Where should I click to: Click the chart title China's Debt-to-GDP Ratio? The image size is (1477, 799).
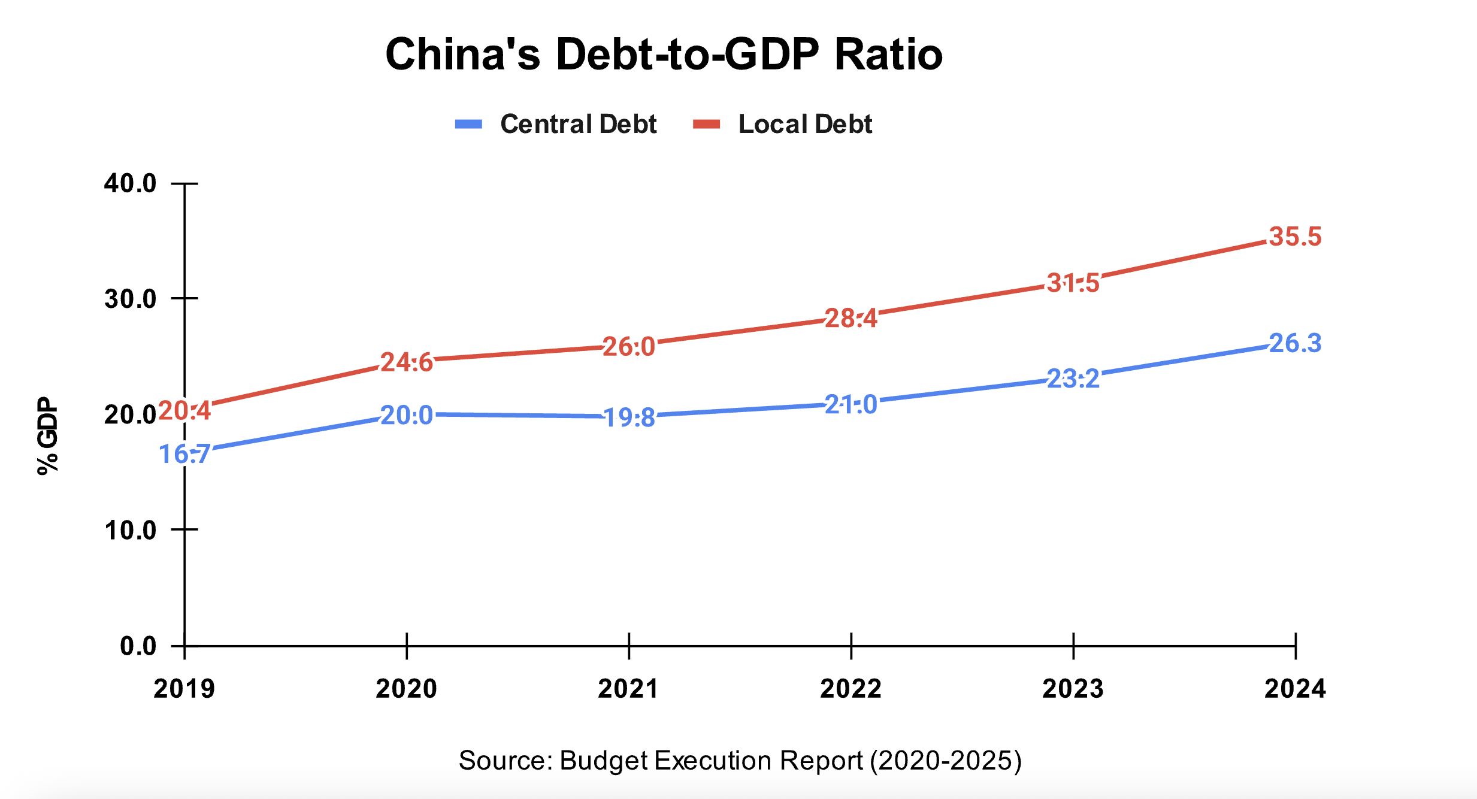[x=664, y=55]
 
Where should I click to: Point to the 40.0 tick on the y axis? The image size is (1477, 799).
[x=130, y=183]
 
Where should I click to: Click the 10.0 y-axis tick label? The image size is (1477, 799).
[x=130, y=530]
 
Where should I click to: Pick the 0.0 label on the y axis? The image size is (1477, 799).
[x=138, y=646]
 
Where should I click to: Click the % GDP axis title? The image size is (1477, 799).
[x=48, y=435]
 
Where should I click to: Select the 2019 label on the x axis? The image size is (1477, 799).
[x=184, y=689]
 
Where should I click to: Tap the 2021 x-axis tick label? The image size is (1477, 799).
[x=628, y=689]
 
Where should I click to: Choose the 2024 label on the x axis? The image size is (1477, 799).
[x=1295, y=689]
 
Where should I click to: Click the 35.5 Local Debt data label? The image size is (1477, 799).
[x=1295, y=237]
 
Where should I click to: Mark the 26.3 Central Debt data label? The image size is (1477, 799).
[x=1295, y=343]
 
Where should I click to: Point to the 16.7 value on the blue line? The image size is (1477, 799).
[x=184, y=454]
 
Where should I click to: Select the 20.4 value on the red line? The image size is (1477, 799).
[x=184, y=411]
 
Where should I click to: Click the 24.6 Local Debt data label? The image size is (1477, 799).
[x=407, y=362]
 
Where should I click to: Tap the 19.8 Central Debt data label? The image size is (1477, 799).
[x=629, y=417]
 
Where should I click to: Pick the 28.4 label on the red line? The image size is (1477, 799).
[x=851, y=318]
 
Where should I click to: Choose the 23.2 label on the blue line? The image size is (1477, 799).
[x=1073, y=379]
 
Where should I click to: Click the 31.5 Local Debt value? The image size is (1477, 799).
[x=1073, y=283]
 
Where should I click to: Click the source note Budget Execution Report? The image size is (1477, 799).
[x=740, y=761]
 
